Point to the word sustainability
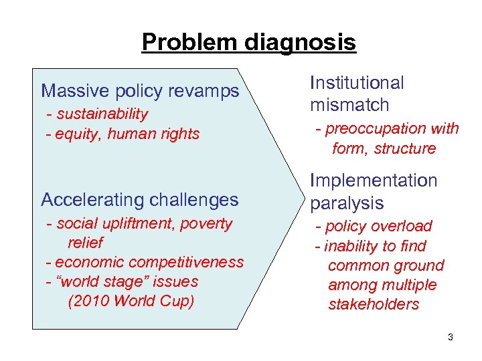(x=102, y=114)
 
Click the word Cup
(x=179, y=302)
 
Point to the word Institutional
(x=357, y=83)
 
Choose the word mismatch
(x=349, y=105)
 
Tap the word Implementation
(x=373, y=180)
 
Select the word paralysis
(x=346, y=203)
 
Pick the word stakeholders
(x=374, y=305)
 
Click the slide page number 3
(x=451, y=338)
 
